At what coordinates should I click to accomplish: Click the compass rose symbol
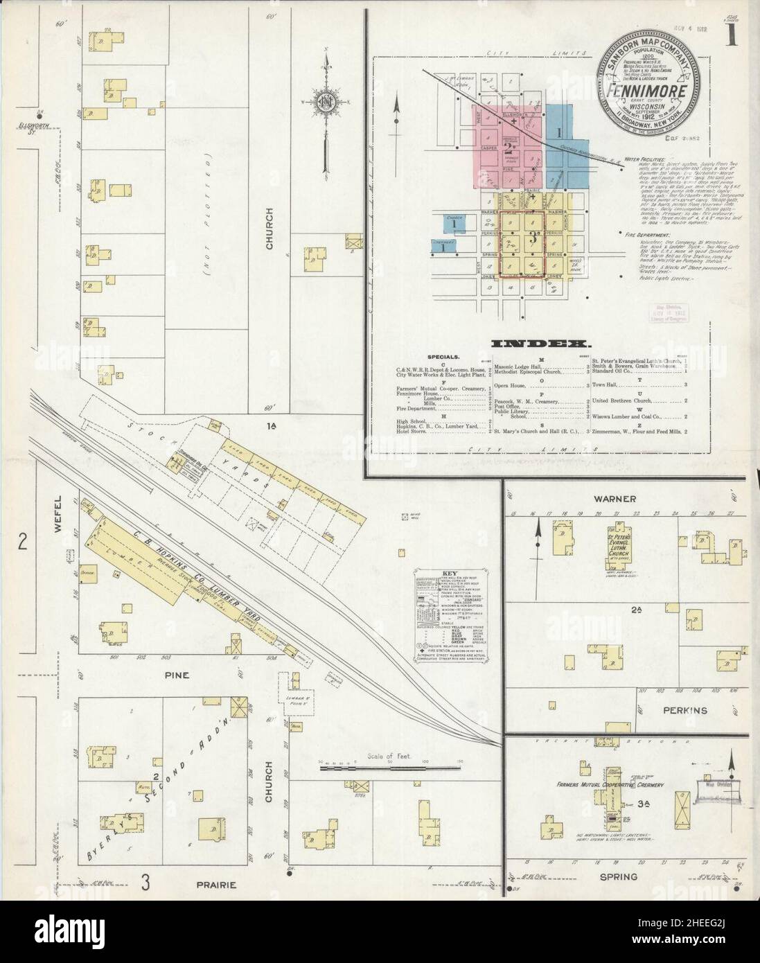(x=325, y=104)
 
